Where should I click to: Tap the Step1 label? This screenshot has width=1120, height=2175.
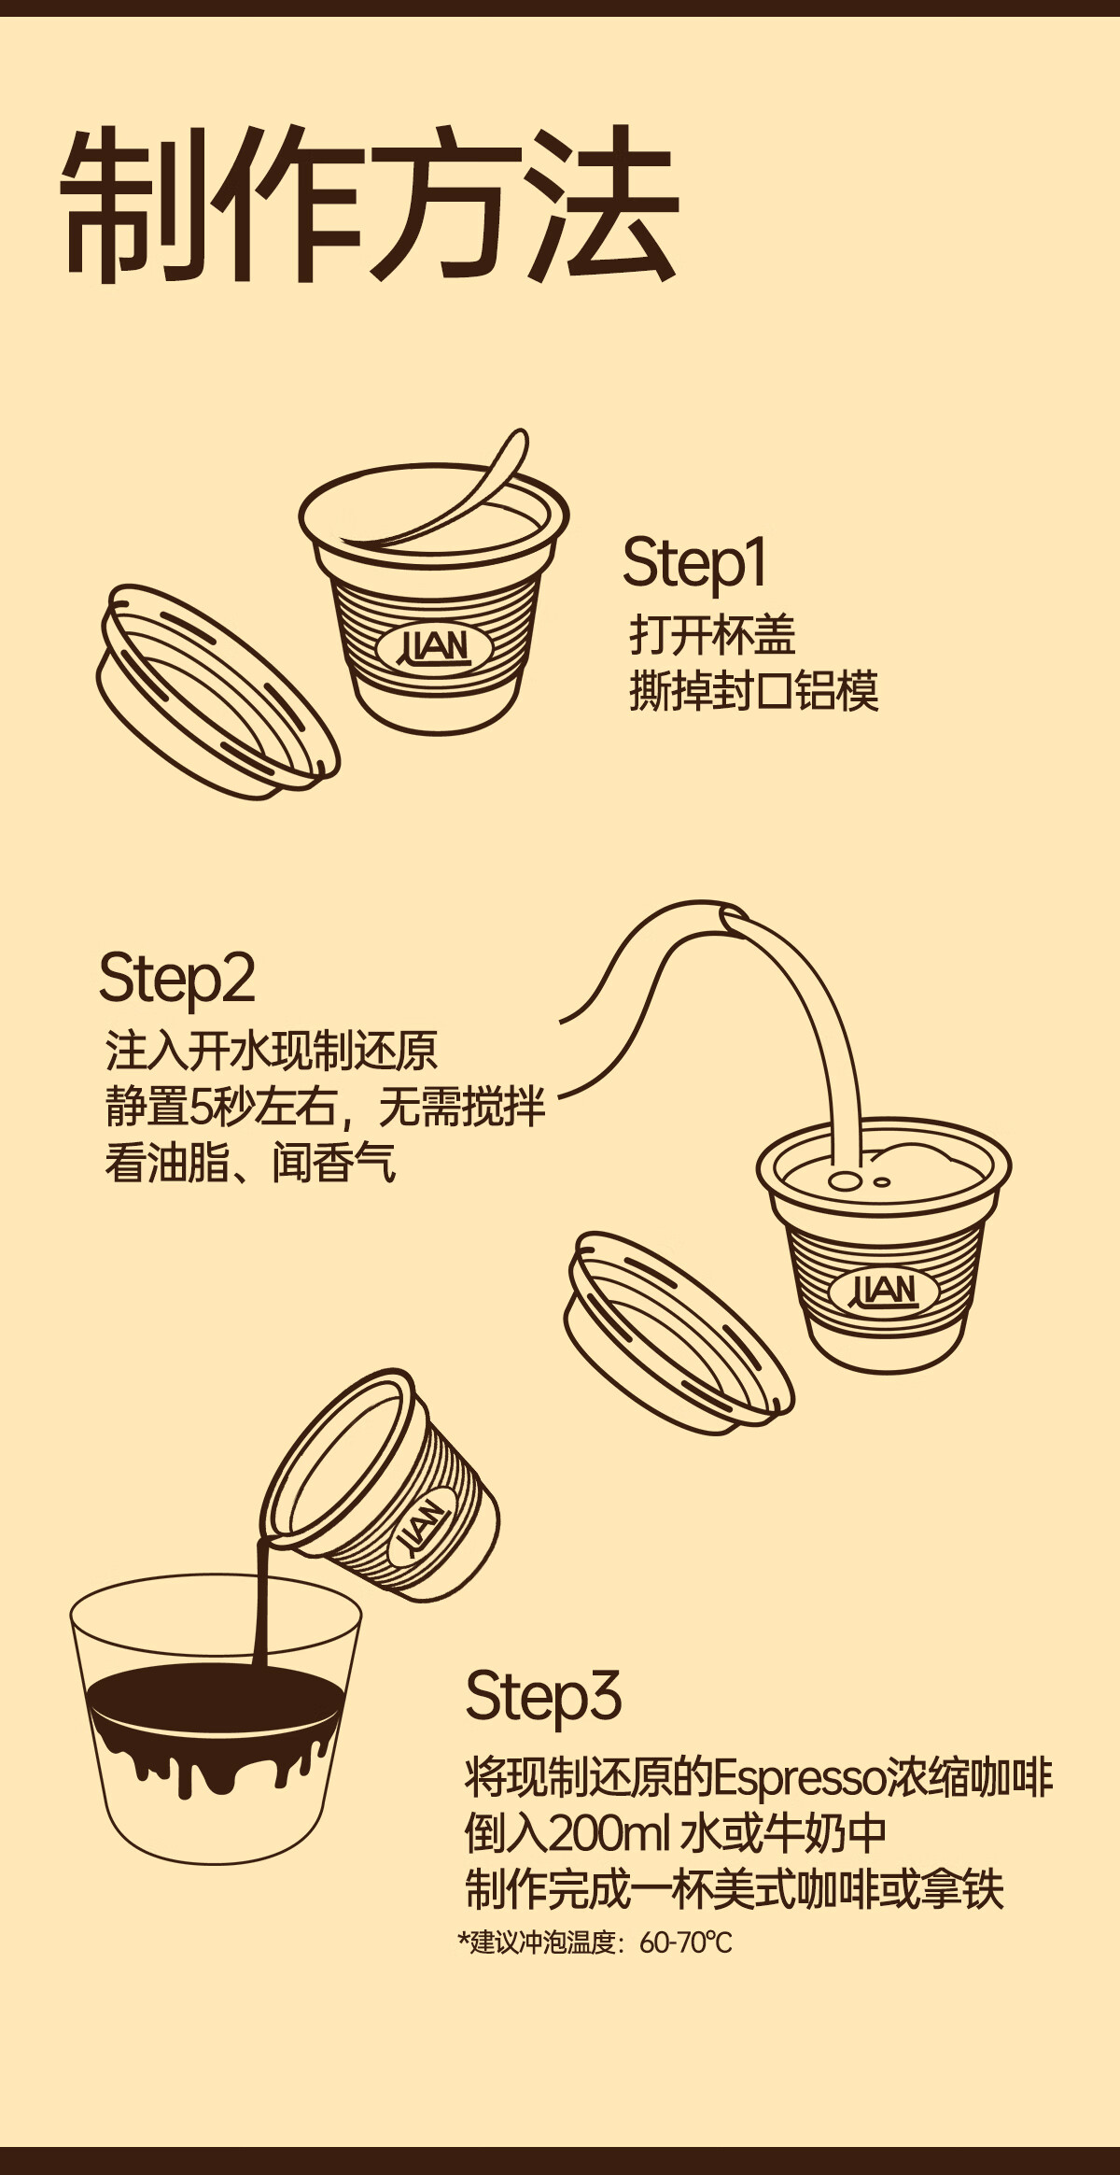pyautogui.click(x=694, y=563)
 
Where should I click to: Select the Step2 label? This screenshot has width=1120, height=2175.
pyautogui.click(x=176, y=979)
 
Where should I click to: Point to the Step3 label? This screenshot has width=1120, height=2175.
pyautogui.click(x=543, y=1696)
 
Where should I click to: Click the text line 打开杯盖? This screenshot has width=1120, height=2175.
pyautogui.click(x=712, y=635)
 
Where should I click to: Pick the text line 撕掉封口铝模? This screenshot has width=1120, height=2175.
pyautogui.click(x=754, y=692)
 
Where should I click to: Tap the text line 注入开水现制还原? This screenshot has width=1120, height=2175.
pyautogui.click(x=271, y=1051)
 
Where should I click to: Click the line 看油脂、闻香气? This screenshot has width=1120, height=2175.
pyautogui.click(x=250, y=1163)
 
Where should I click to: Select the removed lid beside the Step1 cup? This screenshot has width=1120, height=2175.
pyautogui.click(x=217, y=692)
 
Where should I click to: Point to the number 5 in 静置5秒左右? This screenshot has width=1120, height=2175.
pyautogui.click(x=201, y=1108)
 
